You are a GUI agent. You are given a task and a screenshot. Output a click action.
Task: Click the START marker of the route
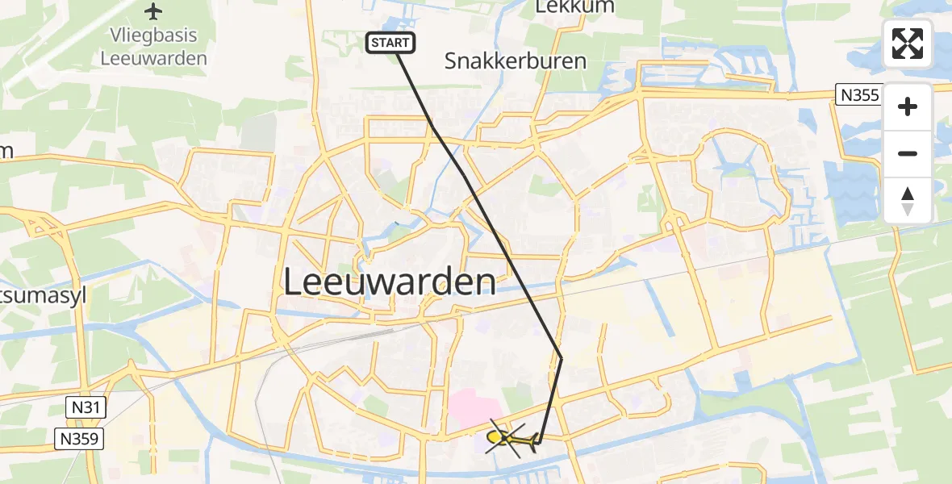(x=391, y=43)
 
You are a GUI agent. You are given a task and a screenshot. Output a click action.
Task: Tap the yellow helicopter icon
(x=512, y=439)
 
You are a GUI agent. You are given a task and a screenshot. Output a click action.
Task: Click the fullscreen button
(x=908, y=43)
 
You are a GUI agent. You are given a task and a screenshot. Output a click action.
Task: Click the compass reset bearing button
(x=908, y=201)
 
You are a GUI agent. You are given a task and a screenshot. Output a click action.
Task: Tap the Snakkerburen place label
(x=516, y=60)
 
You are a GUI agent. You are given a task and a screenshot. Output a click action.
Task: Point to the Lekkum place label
(x=574, y=6)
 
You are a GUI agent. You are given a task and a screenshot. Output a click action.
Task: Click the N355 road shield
(x=858, y=95)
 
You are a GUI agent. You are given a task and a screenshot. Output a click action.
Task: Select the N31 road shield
(x=83, y=407)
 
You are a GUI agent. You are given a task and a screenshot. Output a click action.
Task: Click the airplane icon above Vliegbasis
(x=153, y=11)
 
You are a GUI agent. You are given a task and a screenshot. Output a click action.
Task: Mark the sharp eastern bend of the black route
(x=561, y=357)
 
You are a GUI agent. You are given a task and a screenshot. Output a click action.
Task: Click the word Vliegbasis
(x=153, y=37)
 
